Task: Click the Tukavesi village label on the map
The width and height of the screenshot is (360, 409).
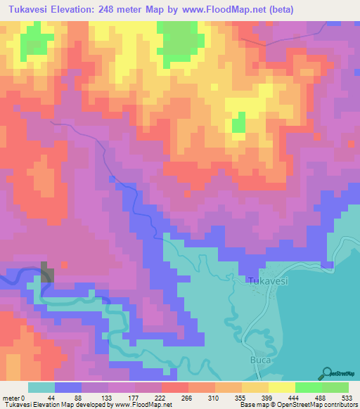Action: coord(268,280)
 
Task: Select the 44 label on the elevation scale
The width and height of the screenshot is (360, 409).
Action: coord(55,398)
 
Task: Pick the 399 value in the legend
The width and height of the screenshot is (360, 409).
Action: coord(268,398)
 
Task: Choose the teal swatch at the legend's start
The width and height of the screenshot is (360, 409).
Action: coord(41,387)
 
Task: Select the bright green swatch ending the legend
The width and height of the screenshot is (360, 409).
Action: coord(335,387)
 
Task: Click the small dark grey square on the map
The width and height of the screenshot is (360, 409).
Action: coord(46,272)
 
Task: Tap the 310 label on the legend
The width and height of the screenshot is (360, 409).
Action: coord(214,398)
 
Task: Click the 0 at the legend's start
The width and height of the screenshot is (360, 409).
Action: coord(25,398)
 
